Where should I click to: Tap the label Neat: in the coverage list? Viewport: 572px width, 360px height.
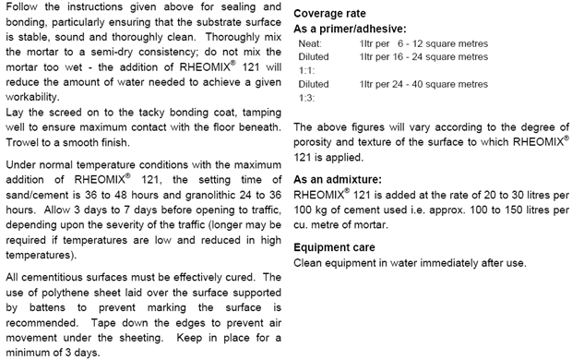(311, 43)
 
